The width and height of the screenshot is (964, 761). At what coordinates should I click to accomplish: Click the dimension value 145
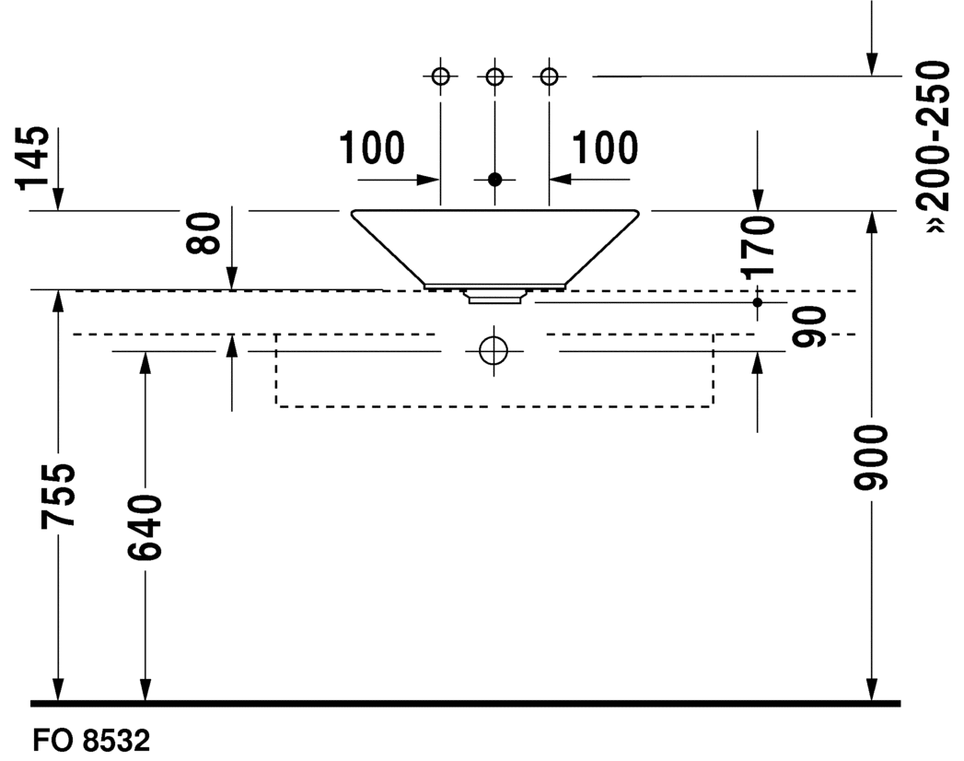34,157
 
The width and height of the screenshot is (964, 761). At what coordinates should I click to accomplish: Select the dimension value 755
58,496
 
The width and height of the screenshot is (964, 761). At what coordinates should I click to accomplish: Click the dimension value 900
871,459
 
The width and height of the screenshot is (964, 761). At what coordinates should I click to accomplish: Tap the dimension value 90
810,326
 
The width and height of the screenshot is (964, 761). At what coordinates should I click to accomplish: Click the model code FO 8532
90,741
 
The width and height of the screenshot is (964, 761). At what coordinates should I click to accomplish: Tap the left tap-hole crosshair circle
440,76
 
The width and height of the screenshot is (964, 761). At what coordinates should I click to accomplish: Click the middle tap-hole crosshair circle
494,76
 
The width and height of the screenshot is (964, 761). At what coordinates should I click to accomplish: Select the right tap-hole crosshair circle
549,76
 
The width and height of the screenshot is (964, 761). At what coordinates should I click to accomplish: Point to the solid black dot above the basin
494,179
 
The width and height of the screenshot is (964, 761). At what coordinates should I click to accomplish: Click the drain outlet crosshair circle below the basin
494,351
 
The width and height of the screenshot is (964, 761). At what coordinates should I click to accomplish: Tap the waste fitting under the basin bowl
495,296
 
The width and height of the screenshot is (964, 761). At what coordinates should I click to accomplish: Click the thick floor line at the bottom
465,703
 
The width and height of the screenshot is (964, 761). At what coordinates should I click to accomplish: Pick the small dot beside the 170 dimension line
757,302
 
